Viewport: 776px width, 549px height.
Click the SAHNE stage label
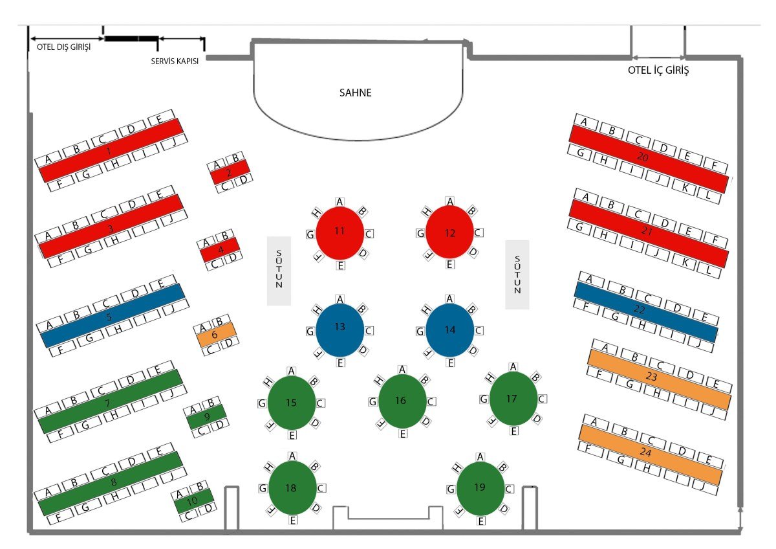(x=356, y=93)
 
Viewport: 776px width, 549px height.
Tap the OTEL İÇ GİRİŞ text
(x=658, y=70)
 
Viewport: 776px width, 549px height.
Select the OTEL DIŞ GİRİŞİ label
(x=63, y=47)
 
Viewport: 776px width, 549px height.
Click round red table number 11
(x=340, y=231)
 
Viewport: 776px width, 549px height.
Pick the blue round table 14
(x=450, y=329)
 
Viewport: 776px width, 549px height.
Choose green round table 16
(x=402, y=401)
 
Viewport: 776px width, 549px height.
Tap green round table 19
(x=480, y=487)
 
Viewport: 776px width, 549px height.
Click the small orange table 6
(x=215, y=335)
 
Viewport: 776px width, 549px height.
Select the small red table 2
(x=230, y=172)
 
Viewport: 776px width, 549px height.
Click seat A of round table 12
(x=450, y=201)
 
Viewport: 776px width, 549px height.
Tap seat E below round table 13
(x=340, y=363)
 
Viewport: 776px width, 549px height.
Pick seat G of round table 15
(x=263, y=403)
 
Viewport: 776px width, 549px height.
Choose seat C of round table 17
(x=542, y=399)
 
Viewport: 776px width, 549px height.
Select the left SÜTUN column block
(x=279, y=271)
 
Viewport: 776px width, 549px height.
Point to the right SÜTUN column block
(x=517, y=274)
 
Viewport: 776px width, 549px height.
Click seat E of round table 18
(x=292, y=520)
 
